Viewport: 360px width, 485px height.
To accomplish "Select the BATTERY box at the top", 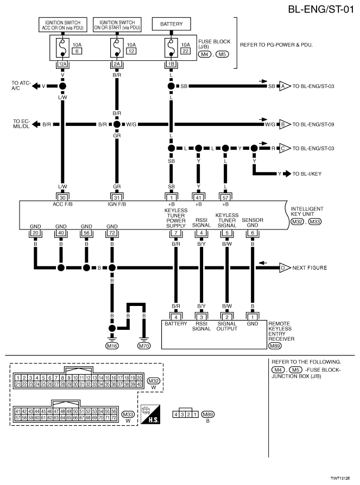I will [x=171, y=24].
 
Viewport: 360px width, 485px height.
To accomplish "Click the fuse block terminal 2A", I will [x=116, y=63].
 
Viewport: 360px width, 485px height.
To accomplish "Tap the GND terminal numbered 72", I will [x=112, y=233].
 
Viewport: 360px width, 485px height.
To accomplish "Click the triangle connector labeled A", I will [x=283, y=86].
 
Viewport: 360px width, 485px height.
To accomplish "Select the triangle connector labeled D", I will [x=283, y=267].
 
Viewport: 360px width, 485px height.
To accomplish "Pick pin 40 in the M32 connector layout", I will [x=140, y=384].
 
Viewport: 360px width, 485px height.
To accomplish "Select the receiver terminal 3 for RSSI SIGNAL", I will [x=201, y=316].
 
